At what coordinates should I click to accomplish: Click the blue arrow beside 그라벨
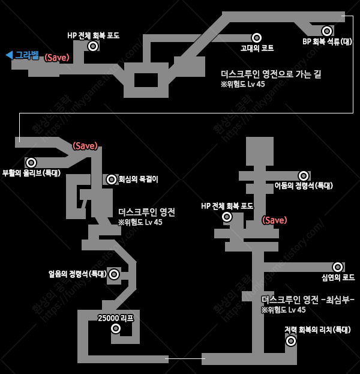pos(9,55)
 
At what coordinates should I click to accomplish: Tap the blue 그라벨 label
pos(26,55)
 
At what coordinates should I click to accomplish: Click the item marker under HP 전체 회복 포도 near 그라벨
pos(92,46)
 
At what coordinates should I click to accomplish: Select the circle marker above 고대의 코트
pos(257,38)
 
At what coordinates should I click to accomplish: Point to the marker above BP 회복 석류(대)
pos(326,31)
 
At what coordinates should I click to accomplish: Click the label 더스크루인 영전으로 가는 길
pos(271,74)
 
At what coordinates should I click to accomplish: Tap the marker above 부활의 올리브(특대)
pos(31,163)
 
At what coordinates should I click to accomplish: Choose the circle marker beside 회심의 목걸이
pos(112,179)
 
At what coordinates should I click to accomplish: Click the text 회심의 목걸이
pos(138,179)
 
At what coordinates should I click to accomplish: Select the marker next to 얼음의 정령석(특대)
pos(114,274)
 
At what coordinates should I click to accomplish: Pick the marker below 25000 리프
pos(116,328)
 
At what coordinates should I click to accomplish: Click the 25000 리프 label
pos(115,318)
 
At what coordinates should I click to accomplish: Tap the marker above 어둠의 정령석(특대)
pos(304,176)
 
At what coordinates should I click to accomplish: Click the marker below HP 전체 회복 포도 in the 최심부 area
pos(227,217)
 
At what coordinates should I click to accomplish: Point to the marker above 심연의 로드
pos(338,267)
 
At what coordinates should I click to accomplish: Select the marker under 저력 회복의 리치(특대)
pos(291,341)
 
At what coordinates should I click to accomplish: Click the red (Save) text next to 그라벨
pos(58,58)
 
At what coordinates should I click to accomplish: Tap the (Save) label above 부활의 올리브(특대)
pos(85,146)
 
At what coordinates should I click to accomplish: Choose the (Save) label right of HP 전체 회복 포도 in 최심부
pos(274,220)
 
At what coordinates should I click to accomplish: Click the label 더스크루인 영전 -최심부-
pos(308,299)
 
